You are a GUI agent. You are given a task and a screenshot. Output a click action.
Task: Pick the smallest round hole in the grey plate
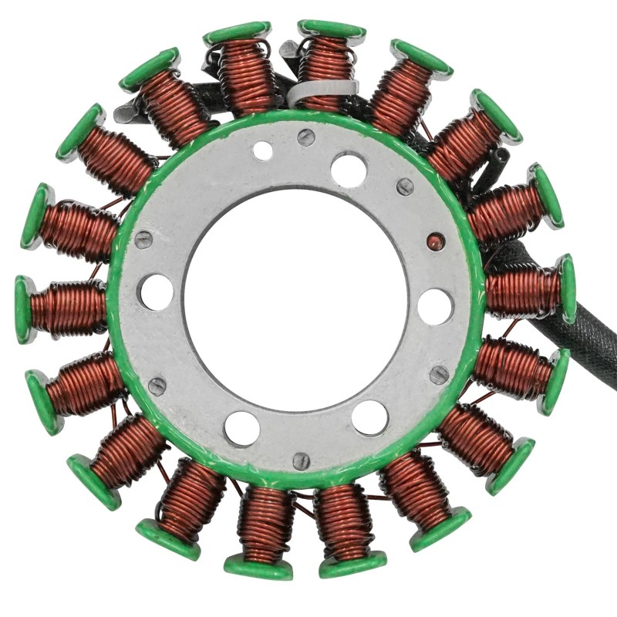click(x=263, y=151)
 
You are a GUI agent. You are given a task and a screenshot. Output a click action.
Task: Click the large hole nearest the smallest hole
click(x=349, y=169)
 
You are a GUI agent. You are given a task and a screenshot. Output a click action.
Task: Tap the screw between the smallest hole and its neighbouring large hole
click(x=306, y=137)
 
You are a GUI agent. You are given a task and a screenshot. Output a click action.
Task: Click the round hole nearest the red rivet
click(x=434, y=306)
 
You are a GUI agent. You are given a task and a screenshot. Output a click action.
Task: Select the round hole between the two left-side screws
click(x=157, y=293)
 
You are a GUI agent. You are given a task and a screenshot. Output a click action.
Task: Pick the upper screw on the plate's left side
click(x=144, y=239)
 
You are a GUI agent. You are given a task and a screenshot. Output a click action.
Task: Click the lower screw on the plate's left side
click(x=157, y=386)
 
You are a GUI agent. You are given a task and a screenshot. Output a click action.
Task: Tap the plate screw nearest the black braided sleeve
click(x=439, y=375)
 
